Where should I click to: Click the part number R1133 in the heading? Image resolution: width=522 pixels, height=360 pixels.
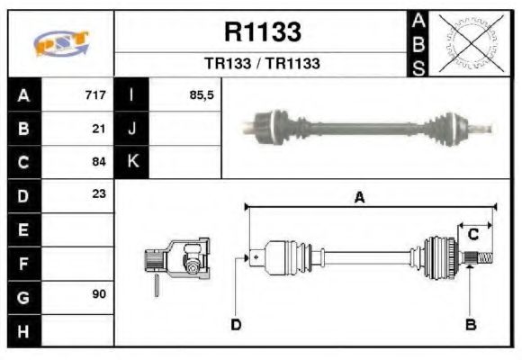click(x=262, y=32)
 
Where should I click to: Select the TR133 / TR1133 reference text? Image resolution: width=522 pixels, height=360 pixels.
click(x=262, y=64)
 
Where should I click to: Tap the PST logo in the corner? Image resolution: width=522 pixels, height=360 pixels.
click(x=60, y=43)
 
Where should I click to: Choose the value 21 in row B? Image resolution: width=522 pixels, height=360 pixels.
click(x=100, y=128)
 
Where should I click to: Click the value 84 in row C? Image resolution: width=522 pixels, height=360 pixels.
click(x=100, y=162)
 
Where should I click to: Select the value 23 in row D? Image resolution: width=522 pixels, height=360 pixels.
click(x=100, y=194)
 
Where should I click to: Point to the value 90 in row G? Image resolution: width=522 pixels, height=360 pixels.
click(x=100, y=295)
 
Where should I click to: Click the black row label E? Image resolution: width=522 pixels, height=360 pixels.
click(x=22, y=229)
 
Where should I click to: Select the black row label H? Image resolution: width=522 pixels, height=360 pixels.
click(x=22, y=330)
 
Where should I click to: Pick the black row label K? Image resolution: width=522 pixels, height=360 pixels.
click(x=131, y=162)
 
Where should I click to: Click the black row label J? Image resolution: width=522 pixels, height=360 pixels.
click(x=131, y=128)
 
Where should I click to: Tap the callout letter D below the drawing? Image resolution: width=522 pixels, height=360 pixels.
click(x=236, y=324)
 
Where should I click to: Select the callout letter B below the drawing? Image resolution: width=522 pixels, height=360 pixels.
click(x=470, y=324)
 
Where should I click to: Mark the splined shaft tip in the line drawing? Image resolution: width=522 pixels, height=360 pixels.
click(x=483, y=259)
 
